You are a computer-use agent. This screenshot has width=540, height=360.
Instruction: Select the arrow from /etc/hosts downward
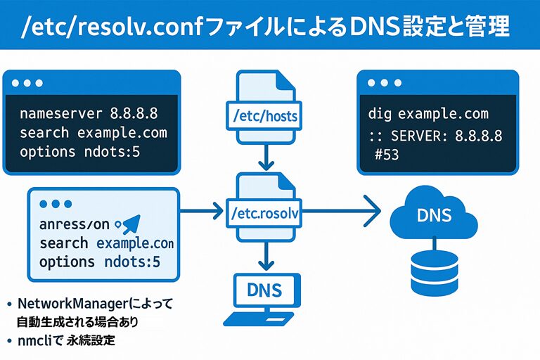265,153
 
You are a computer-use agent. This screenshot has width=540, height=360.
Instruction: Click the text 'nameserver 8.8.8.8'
88,113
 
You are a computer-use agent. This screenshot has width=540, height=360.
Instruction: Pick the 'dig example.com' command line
428,114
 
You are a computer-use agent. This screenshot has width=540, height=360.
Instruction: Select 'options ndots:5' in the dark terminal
90,151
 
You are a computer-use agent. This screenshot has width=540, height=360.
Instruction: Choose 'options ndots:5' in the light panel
100,262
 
